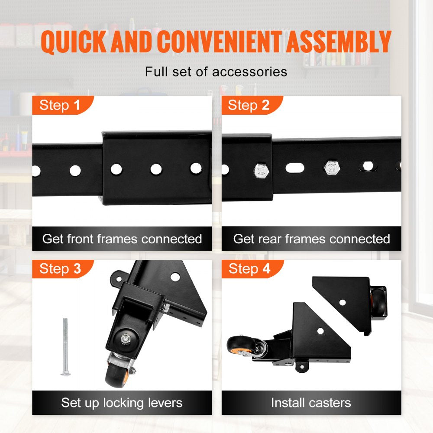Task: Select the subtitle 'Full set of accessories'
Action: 216,71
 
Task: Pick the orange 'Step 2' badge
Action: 249,105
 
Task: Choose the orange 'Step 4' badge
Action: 249,269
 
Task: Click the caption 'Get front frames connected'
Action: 122,239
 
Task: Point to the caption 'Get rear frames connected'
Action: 311,239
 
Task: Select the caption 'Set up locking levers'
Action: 122,403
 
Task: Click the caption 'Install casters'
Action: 311,403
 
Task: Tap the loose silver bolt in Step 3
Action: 65,346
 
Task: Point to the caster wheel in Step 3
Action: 116,372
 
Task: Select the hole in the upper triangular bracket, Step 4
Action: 342,302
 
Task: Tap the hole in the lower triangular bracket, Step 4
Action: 320,331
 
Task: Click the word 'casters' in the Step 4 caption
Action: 331,403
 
